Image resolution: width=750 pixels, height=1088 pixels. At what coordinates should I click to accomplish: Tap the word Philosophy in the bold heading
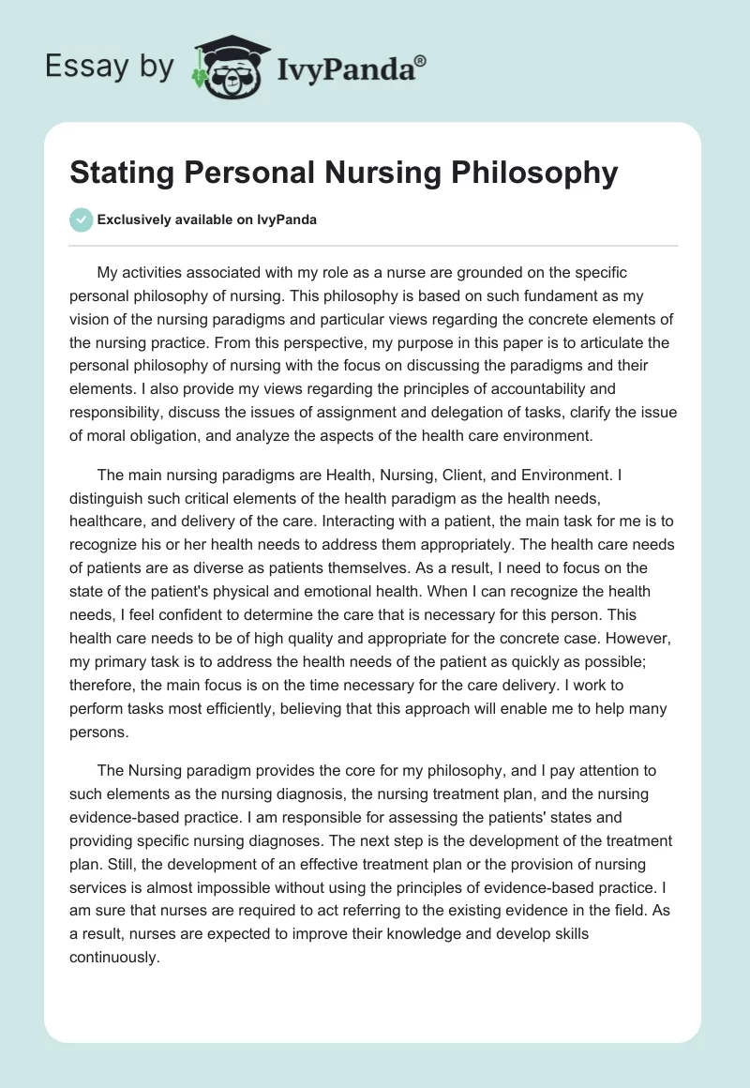click(532, 174)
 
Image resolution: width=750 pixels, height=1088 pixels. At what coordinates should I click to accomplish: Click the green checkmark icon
click(81, 219)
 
